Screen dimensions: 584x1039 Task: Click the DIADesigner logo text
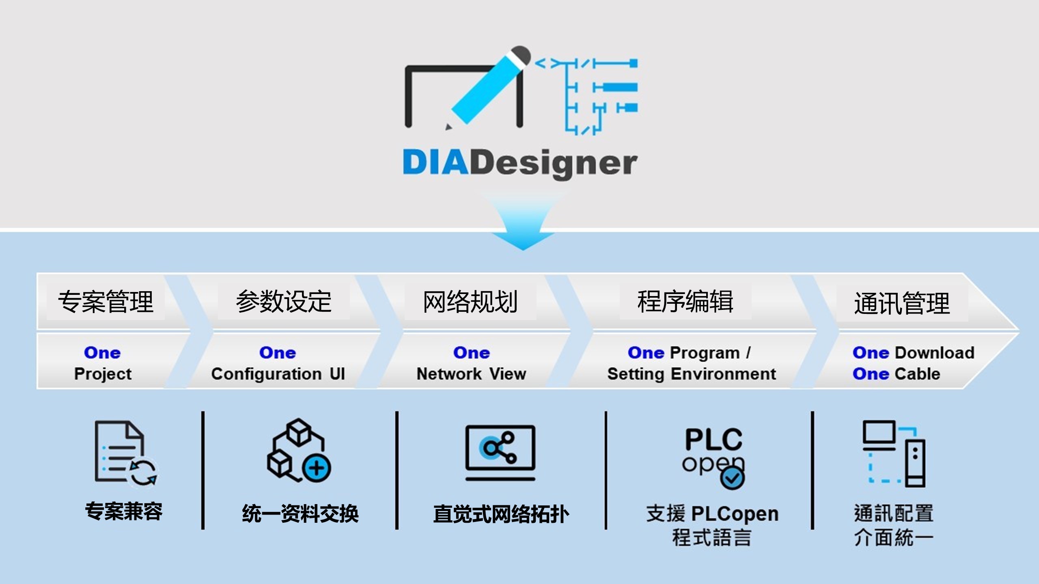520,163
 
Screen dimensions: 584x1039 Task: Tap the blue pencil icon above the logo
487,89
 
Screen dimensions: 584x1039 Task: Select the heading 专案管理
106,302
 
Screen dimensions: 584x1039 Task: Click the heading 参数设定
284,302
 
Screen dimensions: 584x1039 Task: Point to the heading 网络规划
470,302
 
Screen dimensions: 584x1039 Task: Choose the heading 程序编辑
685,302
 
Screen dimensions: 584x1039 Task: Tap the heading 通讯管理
902,304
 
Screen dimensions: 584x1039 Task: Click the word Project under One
103,374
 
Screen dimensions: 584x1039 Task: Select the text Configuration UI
278,374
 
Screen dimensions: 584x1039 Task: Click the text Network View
471,374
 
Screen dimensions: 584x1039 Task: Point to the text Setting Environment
692,374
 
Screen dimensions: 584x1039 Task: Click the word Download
935,353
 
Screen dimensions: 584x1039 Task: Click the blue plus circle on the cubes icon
317,468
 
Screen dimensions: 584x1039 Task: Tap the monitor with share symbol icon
500,452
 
